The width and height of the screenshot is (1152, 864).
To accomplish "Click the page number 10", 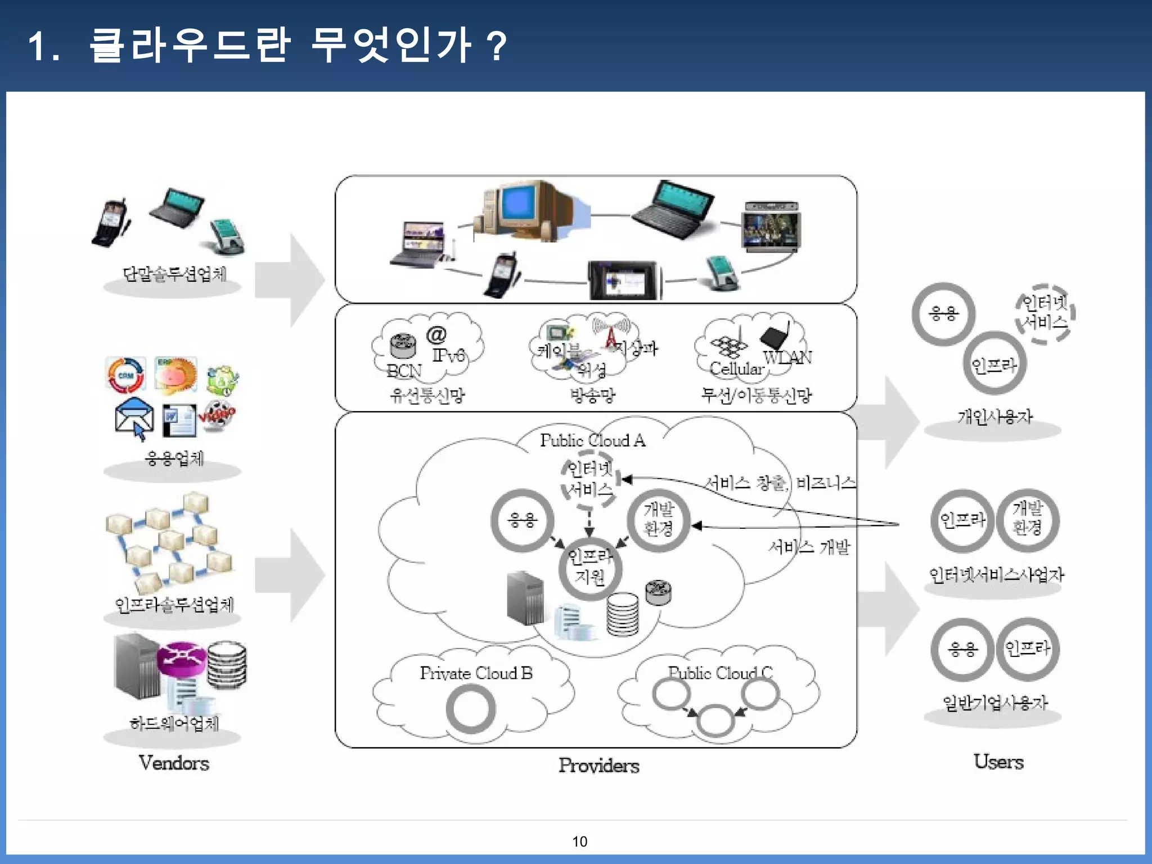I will click(x=579, y=841).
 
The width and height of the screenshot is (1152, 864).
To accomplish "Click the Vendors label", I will click(x=174, y=763).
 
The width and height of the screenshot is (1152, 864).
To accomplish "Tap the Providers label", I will click(x=598, y=766).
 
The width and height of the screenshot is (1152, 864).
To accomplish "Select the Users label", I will click(x=998, y=762).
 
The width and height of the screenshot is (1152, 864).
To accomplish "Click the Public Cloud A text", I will click(x=592, y=440).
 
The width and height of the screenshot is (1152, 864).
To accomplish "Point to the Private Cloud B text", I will click(x=476, y=673).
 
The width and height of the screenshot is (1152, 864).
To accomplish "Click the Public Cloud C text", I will click(x=720, y=673).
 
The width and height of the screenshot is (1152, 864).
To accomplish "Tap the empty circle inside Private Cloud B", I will click(x=470, y=709).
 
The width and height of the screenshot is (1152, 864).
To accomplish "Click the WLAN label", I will click(x=787, y=358).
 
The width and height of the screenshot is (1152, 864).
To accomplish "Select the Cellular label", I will click(x=737, y=369).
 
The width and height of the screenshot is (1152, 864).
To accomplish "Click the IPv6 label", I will click(x=448, y=355).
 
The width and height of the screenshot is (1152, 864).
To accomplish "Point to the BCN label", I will click(x=404, y=371).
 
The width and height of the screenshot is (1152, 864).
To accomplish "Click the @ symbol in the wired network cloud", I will click(x=436, y=335).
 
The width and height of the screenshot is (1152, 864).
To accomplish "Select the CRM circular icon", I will click(x=125, y=375).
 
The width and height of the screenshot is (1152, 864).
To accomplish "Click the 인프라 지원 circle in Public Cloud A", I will click(x=589, y=567).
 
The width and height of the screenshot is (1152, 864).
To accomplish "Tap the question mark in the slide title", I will click(x=497, y=46).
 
